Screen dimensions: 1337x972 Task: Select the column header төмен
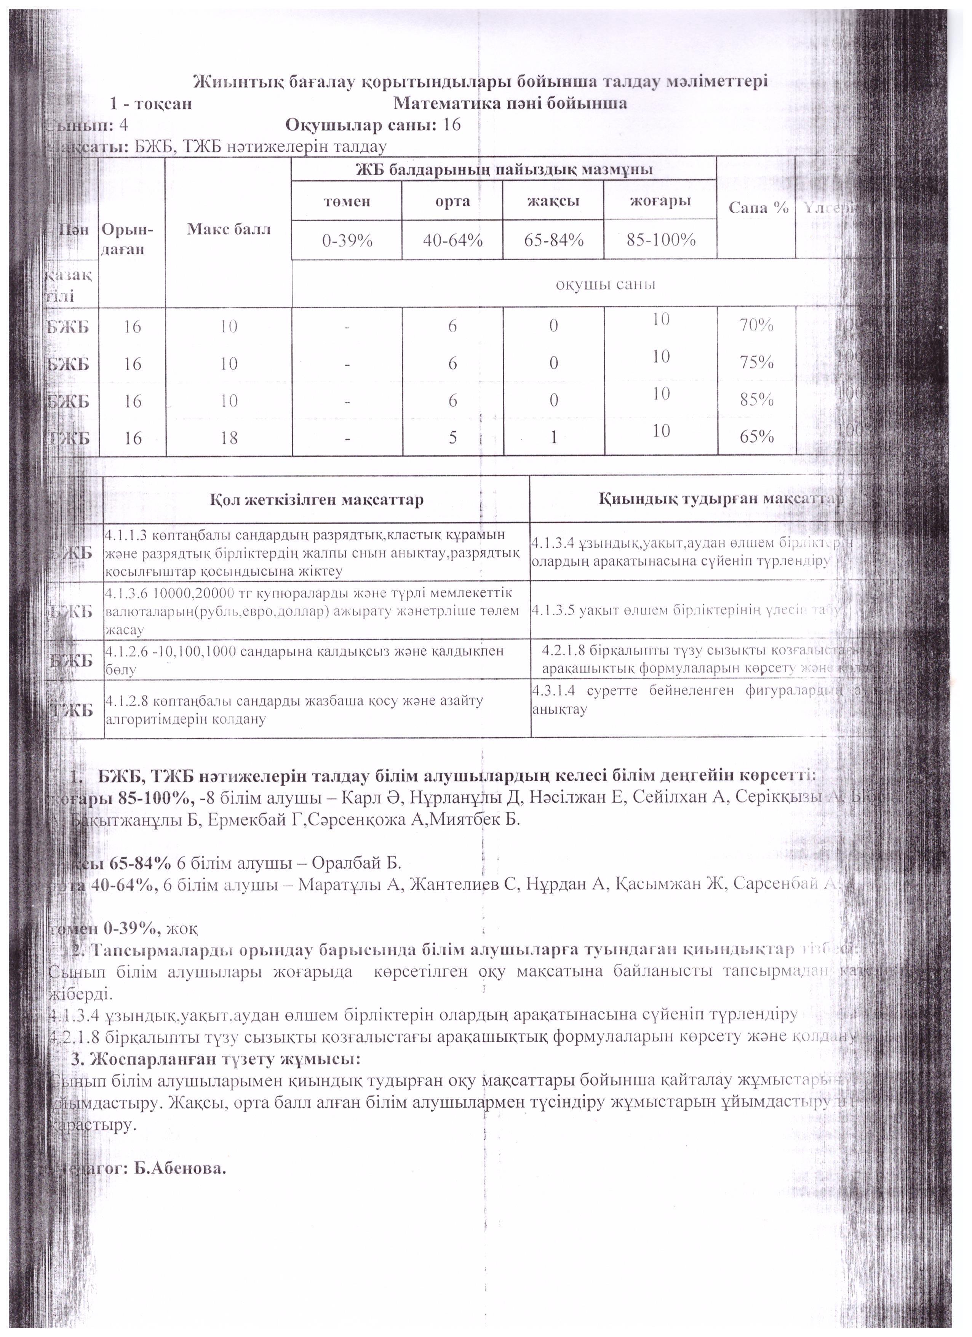coord(347,201)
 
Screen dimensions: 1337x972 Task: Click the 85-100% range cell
coord(661,240)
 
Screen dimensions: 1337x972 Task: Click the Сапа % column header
coord(758,208)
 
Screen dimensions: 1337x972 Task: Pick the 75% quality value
coord(757,363)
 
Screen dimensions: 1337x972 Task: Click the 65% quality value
coord(757,437)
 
